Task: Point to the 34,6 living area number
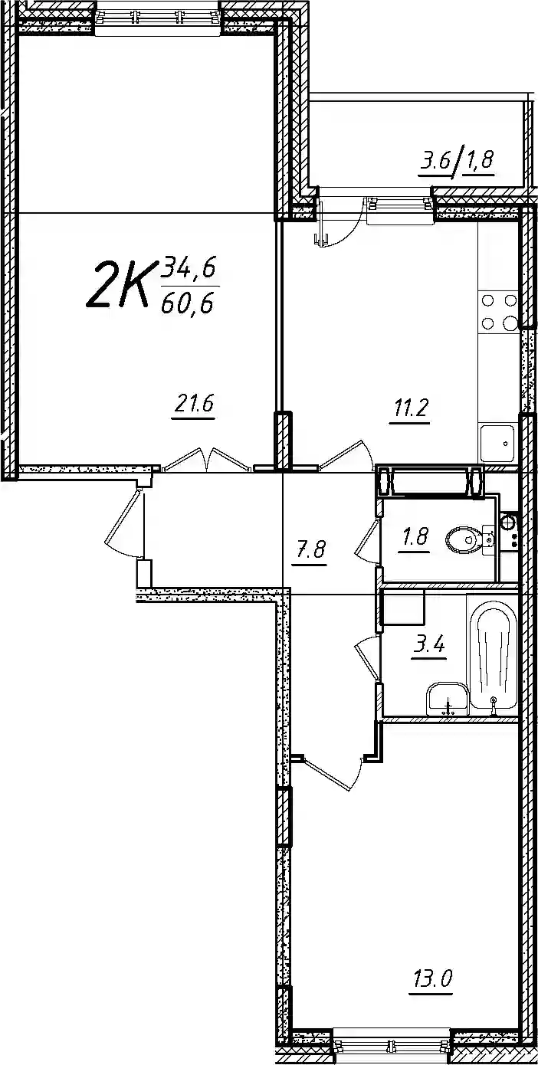(189, 270)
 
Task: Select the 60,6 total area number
(186, 302)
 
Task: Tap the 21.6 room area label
(194, 405)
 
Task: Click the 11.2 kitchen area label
(409, 408)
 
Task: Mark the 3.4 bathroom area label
(428, 646)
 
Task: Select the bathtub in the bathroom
(492, 655)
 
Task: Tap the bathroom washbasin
(446, 700)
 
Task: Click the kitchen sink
(497, 443)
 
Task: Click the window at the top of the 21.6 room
(159, 18)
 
